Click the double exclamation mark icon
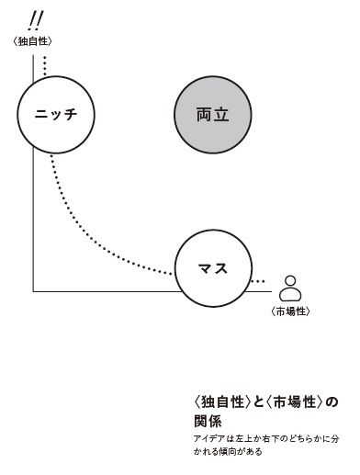point(36,17)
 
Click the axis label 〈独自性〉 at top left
point(34,40)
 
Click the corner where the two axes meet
point(33,291)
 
